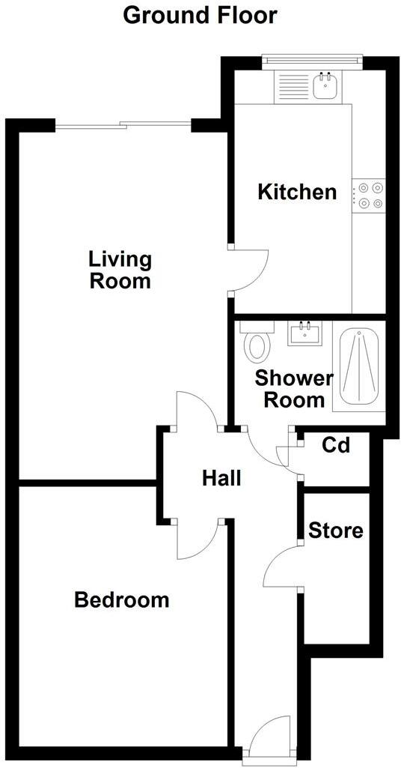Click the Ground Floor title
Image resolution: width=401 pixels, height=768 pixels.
[200, 14]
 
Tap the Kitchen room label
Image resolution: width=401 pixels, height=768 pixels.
[297, 192]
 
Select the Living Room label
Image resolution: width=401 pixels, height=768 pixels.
[120, 270]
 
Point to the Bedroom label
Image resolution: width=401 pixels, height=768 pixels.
[122, 599]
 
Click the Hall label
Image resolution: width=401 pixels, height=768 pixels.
[221, 477]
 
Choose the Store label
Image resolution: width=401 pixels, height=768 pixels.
[336, 530]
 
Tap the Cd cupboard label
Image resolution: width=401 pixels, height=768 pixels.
[336, 446]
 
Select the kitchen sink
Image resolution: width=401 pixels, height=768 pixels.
[325, 86]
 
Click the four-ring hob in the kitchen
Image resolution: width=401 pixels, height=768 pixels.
[369, 194]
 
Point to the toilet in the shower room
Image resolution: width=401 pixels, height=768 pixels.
[258, 345]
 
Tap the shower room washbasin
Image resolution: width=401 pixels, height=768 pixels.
[304, 333]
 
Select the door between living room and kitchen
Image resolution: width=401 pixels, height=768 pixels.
[249, 270]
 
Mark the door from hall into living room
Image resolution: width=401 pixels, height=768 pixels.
[195, 411]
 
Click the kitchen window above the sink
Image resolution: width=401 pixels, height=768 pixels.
[312, 58]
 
